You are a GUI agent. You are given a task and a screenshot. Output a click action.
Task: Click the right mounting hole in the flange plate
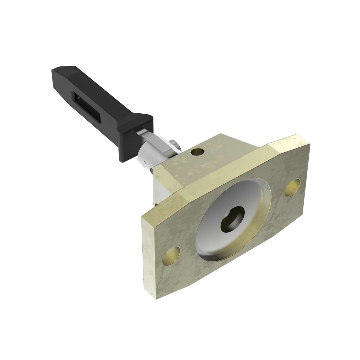point(292,188)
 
